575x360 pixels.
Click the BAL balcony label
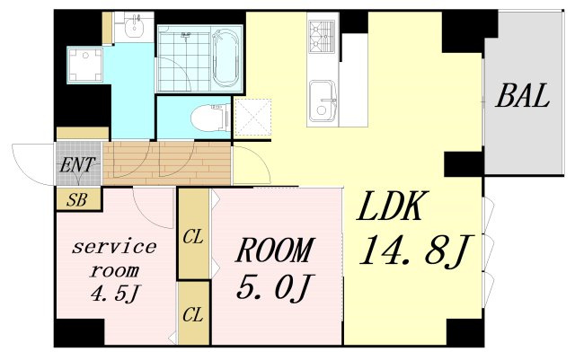pyautogui.click(x=523, y=96)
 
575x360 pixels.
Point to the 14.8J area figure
pyautogui.click(x=416, y=250)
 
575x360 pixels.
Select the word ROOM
pyautogui.click(x=275, y=250)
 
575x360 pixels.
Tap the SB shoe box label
pyautogui.click(x=77, y=200)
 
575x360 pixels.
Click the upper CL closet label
pyautogui.click(x=193, y=238)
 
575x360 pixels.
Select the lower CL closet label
pyautogui.click(x=193, y=315)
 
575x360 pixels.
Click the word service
pyautogui.click(x=114, y=247)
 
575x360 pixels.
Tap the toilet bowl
pyautogui.click(x=209, y=118)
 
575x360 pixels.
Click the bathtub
pyautogui.click(x=226, y=58)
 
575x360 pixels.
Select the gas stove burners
pyautogui.click(x=322, y=36)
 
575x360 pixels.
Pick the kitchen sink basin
pyautogui.click(x=323, y=101)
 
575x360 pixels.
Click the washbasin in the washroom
pyautogui.click(x=134, y=27)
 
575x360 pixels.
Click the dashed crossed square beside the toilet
pyautogui.click(x=252, y=118)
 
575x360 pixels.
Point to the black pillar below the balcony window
pyautogui.click(x=464, y=164)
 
